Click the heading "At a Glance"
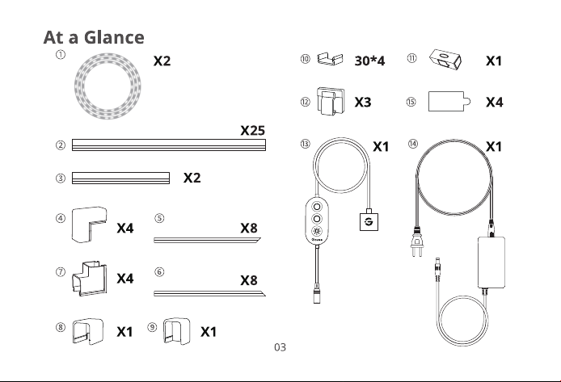94,37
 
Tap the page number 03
280,347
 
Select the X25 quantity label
252,131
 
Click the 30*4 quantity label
369,61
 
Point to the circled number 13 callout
306,144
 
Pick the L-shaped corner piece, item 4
89,225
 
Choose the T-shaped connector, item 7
89,279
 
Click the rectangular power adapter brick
491,262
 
